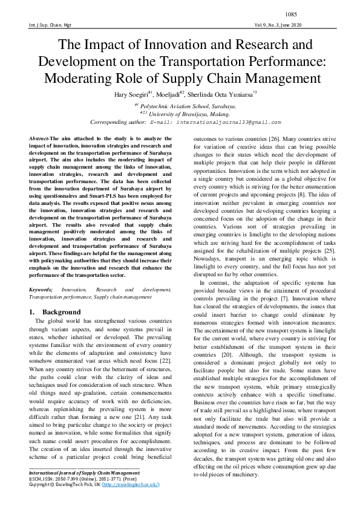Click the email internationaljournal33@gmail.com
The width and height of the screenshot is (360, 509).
point(222,122)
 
